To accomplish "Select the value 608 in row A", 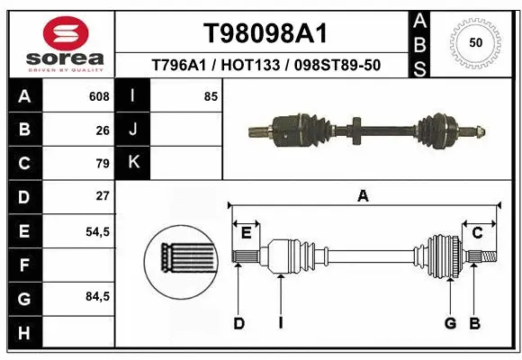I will pyautogui.click(x=98, y=96).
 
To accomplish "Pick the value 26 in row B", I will pyautogui.click(x=102, y=130).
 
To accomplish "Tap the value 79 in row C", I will pyautogui.click(x=102, y=163).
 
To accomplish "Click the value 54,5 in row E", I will pyautogui.click(x=97, y=230).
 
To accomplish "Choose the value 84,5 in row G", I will pyautogui.click(x=97, y=296).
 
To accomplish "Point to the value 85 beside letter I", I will pyautogui.click(x=211, y=96).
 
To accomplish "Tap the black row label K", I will pyautogui.click(x=133, y=163).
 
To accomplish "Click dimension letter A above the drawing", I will pyautogui.click(x=364, y=195).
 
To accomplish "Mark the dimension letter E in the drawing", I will pyautogui.click(x=246, y=233).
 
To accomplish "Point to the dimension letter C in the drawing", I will pyautogui.click(x=478, y=233).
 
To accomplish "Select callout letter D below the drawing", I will pyautogui.click(x=238, y=323).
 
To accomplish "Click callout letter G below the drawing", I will pyautogui.click(x=449, y=323).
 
